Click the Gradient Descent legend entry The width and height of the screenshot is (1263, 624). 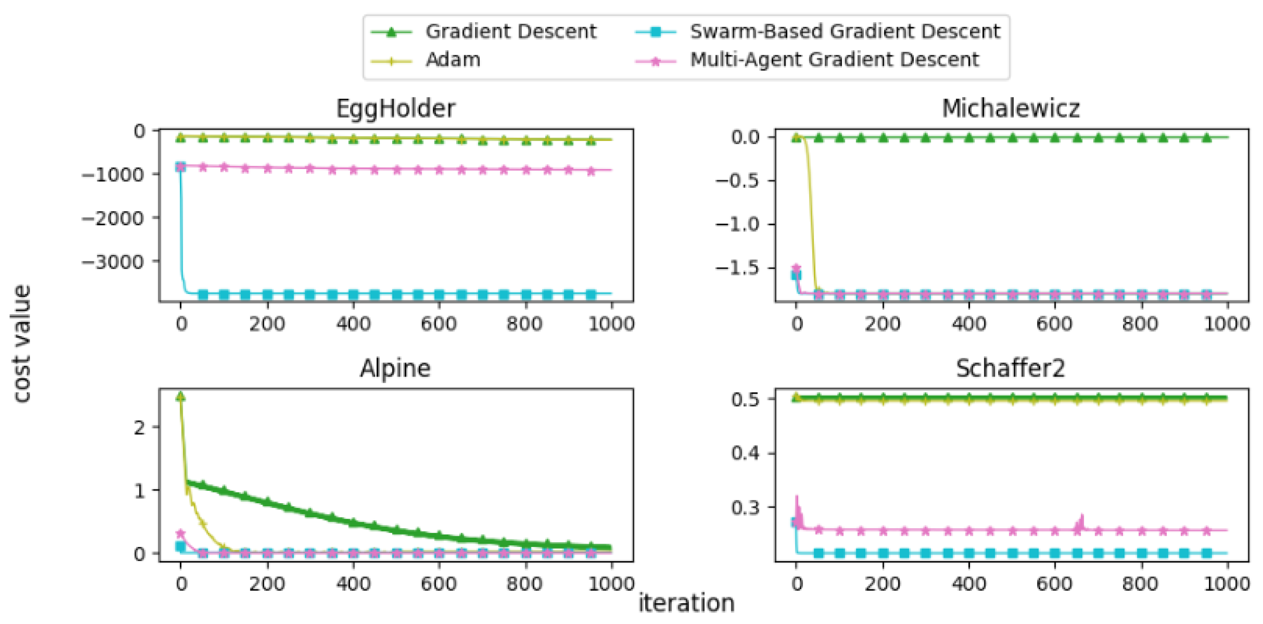tap(510, 31)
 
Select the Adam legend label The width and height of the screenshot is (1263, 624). tap(452, 60)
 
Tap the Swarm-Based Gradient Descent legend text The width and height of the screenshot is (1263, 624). tap(845, 31)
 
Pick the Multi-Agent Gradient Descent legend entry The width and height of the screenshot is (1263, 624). tap(834, 60)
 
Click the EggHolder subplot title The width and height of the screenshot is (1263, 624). tap(395, 108)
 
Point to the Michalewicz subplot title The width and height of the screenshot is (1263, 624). tap(1010, 108)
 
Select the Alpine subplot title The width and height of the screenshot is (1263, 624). tap(395, 368)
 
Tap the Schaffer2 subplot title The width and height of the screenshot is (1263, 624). tap(1010, 368)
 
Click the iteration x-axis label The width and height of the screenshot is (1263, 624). tap(686, 603)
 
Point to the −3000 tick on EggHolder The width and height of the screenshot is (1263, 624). tap(113, 262)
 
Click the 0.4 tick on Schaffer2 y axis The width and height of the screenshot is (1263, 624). tap(745, 453)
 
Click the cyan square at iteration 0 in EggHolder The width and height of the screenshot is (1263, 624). tap(181, 167)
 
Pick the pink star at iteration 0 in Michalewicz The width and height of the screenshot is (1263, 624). tap(797, 268)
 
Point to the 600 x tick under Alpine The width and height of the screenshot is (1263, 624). tap(439, 584)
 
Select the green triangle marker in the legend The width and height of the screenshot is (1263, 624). tap(391, 32)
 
